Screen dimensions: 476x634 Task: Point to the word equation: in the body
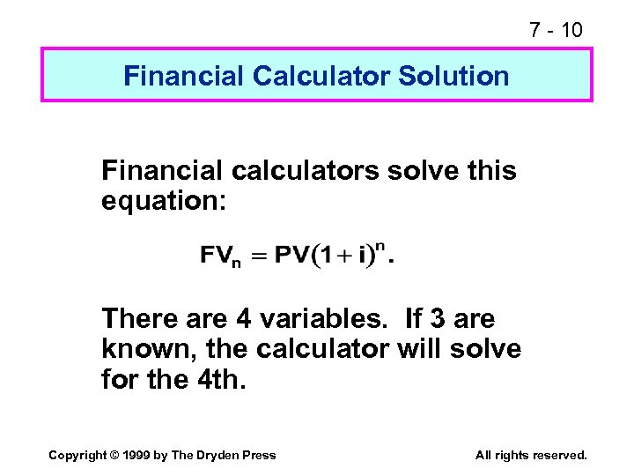[165, 202]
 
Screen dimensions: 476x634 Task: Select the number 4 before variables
[247, 318]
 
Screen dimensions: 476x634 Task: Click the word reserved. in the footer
[560, 455]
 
